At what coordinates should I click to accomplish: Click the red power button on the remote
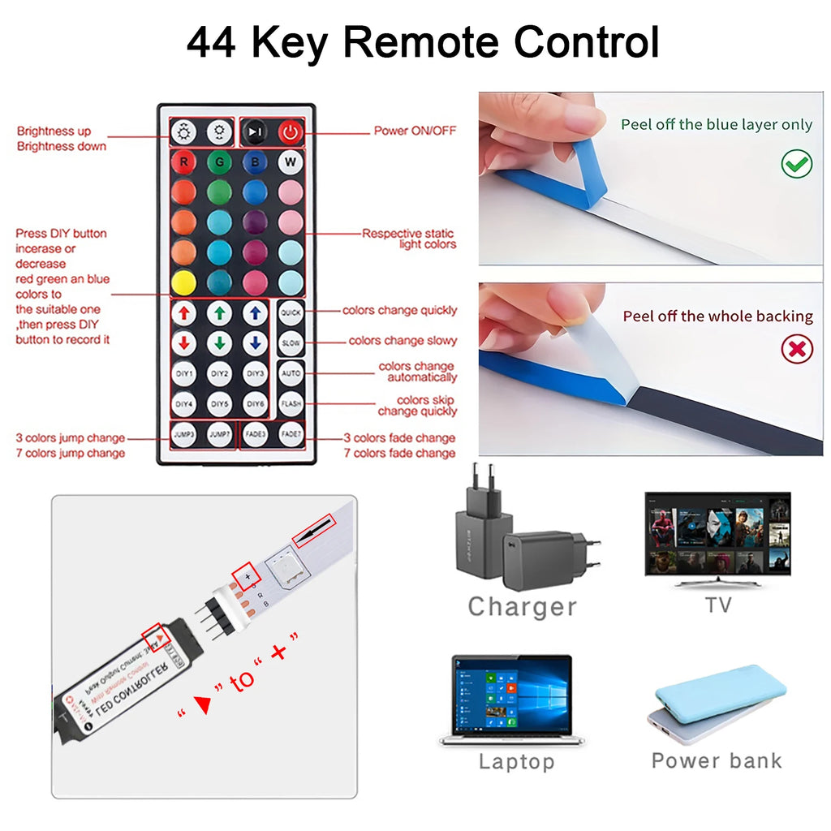coord(291,131)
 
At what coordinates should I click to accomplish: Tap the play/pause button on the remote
coord(255,131)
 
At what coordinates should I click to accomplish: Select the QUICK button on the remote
coord(291,312)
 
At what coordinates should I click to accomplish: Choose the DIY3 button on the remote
coord(255,373)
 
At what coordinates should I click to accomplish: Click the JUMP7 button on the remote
coord(219,433)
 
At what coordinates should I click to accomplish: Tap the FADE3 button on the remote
coord(255,433)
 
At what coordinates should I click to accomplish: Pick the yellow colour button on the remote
coord(183,282)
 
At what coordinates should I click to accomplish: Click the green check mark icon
coord(796,164)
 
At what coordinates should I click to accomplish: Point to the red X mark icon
coord(796,350)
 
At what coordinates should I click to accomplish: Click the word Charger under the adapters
coord(522,606)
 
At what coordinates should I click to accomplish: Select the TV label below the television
coord(717,605)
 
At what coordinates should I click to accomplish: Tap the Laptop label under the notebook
coord(516,761)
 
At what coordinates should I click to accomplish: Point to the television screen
coord(717,532)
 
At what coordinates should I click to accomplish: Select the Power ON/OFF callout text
coord(415,131)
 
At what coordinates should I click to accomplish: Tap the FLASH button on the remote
coord(291,403)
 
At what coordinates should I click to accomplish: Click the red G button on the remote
coord(219,161)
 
